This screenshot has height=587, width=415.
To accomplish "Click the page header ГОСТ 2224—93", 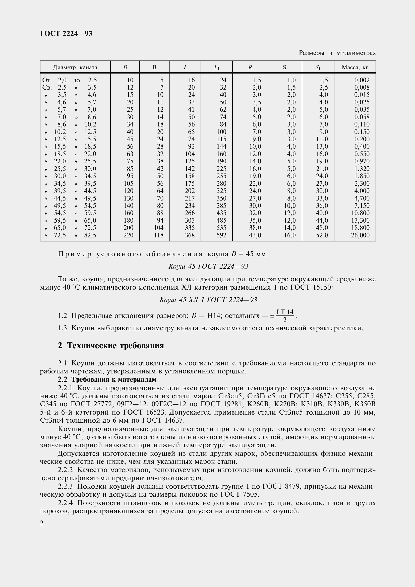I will [66, 33].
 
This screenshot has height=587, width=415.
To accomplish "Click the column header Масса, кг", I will [355, 68].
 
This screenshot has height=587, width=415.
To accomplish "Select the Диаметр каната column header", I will [75, 68].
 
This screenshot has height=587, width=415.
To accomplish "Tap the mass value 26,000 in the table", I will [360, 235].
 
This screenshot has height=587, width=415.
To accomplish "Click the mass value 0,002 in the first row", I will [362, 80].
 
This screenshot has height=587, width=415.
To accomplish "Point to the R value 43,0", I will [255, 235].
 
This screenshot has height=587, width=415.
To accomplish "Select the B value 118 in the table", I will [158, 235].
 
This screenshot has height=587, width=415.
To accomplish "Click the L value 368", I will [190, 235].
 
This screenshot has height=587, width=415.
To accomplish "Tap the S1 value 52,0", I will [322, 235].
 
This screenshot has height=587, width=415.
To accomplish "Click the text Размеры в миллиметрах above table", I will [337, 53].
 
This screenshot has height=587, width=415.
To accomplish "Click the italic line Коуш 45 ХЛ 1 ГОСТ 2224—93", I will [208, 300].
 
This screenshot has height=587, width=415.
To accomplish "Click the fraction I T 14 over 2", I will [285, 316].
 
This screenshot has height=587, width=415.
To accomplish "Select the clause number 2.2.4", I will [65, 503].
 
